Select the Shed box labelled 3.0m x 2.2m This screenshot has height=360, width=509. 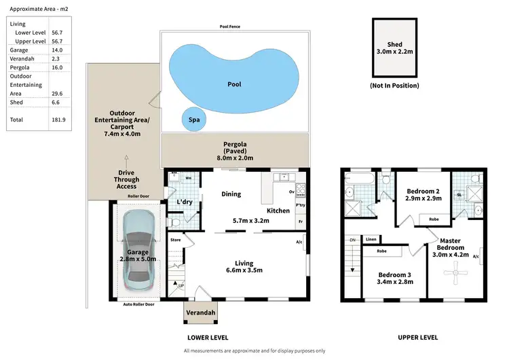(394, 47)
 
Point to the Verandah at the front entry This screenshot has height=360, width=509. (201, 312)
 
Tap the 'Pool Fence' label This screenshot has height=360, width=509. (230, 26)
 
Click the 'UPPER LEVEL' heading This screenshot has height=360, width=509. (418, 338)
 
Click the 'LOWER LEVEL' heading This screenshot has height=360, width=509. (207, 338)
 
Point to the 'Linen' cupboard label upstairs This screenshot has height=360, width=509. (371, 239)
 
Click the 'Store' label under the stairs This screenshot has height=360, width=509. (175, 240)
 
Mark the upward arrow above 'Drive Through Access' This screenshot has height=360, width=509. (126, 157)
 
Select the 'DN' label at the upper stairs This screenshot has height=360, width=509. (352, 240)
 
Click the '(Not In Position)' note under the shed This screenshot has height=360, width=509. (394, 86)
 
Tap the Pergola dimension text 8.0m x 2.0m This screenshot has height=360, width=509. (234, 158)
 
